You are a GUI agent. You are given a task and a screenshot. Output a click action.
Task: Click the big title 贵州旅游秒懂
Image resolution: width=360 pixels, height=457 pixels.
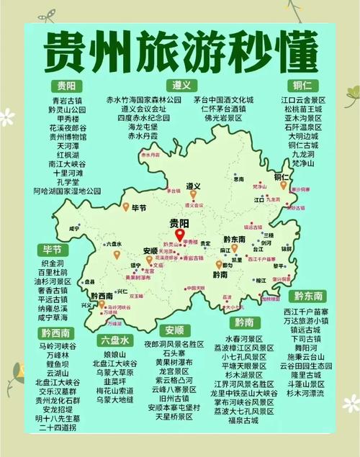180,50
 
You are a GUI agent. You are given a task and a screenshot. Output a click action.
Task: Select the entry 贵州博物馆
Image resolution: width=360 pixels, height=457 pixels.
67,136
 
